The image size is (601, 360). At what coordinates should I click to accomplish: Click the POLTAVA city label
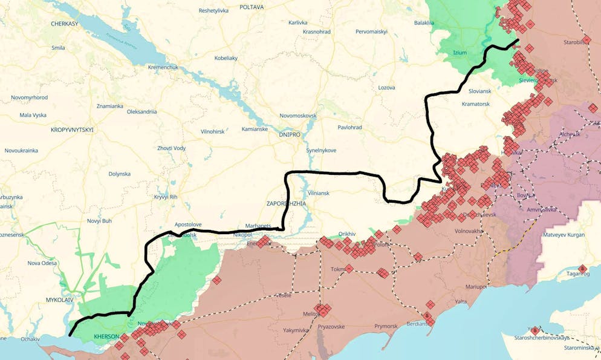(x=252, y=7)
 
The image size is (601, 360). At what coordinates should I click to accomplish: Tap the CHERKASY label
(x=65, y=23)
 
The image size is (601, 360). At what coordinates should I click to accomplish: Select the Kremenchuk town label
(x=163, y=67)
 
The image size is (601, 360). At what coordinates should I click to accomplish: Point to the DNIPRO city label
(x=290, y=135)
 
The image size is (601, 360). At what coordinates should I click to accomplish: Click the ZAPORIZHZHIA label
(x=287, y=204)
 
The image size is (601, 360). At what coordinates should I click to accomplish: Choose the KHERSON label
(x=106, y=336)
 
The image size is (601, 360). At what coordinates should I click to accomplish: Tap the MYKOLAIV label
(x=59, y=300)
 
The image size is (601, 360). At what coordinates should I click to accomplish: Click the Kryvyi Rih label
(x=165, y=197)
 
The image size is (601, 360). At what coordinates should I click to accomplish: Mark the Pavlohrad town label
(x=349, y=128)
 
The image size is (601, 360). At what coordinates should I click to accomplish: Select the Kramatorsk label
(x=475, y=104)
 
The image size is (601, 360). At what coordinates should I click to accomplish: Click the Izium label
(x=460, y=53)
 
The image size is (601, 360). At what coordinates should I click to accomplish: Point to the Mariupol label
(x=476, y=286)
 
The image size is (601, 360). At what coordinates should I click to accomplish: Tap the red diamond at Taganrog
(x=582, y=269)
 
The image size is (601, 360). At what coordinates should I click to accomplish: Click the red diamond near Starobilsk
(x=586, y=40)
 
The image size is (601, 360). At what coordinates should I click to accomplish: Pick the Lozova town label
(x=386, y=88)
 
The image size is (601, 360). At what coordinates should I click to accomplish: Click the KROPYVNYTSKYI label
(x=72, y=130)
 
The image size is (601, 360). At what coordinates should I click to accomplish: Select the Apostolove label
(x=188, y=224)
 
